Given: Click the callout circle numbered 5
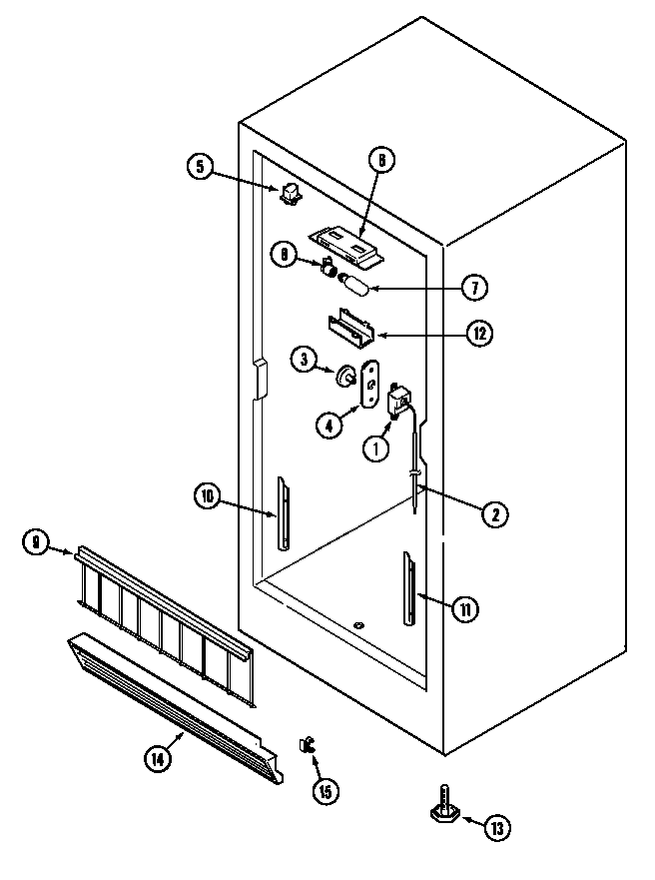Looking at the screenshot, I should point(200,167).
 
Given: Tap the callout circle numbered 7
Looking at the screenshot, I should point(474,287).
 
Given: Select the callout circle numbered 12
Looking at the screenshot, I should point(481,334).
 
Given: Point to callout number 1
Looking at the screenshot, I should point(376,449).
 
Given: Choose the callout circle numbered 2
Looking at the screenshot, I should point(494,514).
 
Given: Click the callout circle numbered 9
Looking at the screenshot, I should point(36,542).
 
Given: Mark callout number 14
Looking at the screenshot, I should point(157,759).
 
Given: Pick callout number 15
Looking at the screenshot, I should point(325,791).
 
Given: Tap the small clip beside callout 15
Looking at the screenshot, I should point(307,744).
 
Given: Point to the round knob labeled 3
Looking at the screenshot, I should point(345,378).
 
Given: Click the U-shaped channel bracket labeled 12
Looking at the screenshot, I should point(349,326).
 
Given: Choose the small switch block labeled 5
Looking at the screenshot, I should point(291,193).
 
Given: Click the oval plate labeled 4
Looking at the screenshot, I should point(369,384).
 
